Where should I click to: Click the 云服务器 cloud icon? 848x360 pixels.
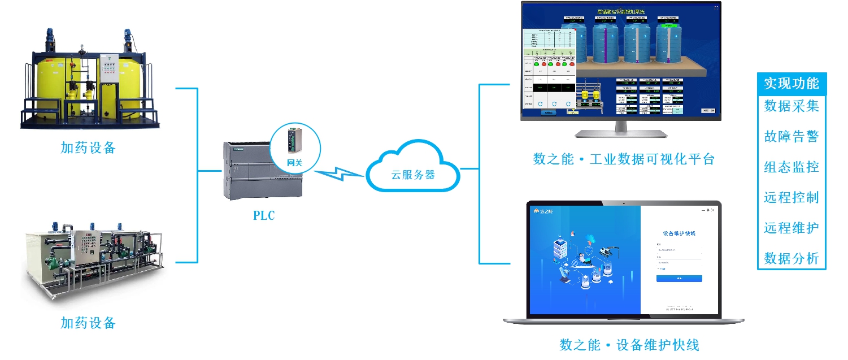(413, 167)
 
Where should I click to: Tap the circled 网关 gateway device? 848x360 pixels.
(295, 146)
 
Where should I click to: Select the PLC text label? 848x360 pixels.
(264, 215)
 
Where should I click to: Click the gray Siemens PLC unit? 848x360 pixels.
(249, 170)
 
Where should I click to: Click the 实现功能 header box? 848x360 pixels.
(792, 84)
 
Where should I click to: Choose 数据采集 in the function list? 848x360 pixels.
(792, 106)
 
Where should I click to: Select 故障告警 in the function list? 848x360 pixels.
(792, 136)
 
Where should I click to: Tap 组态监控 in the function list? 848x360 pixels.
(792, 167)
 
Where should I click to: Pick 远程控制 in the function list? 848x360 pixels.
(792, 198)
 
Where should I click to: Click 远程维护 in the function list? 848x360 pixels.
(792, 228)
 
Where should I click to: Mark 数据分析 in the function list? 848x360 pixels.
(792, 259)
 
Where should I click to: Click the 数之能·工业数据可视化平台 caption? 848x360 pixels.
(624, 159)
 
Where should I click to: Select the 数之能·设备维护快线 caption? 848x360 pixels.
(629, 345)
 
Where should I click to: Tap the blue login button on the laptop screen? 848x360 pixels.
(679, 279)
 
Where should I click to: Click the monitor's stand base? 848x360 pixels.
(621, 134)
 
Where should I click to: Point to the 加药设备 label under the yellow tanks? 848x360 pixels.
(88, 148)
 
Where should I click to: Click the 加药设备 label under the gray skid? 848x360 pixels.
(88, 323)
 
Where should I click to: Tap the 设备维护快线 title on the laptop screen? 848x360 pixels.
(679, 233)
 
